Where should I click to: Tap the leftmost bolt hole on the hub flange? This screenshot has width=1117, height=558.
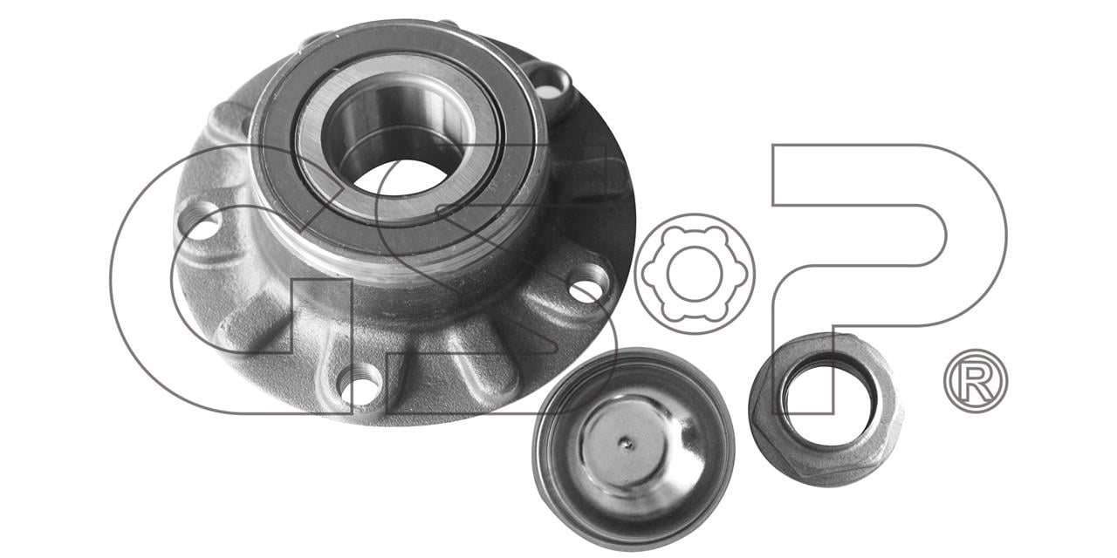click(x=201, y=221)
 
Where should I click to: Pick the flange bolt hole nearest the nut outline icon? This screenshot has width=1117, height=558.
click(x=589, y=284)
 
